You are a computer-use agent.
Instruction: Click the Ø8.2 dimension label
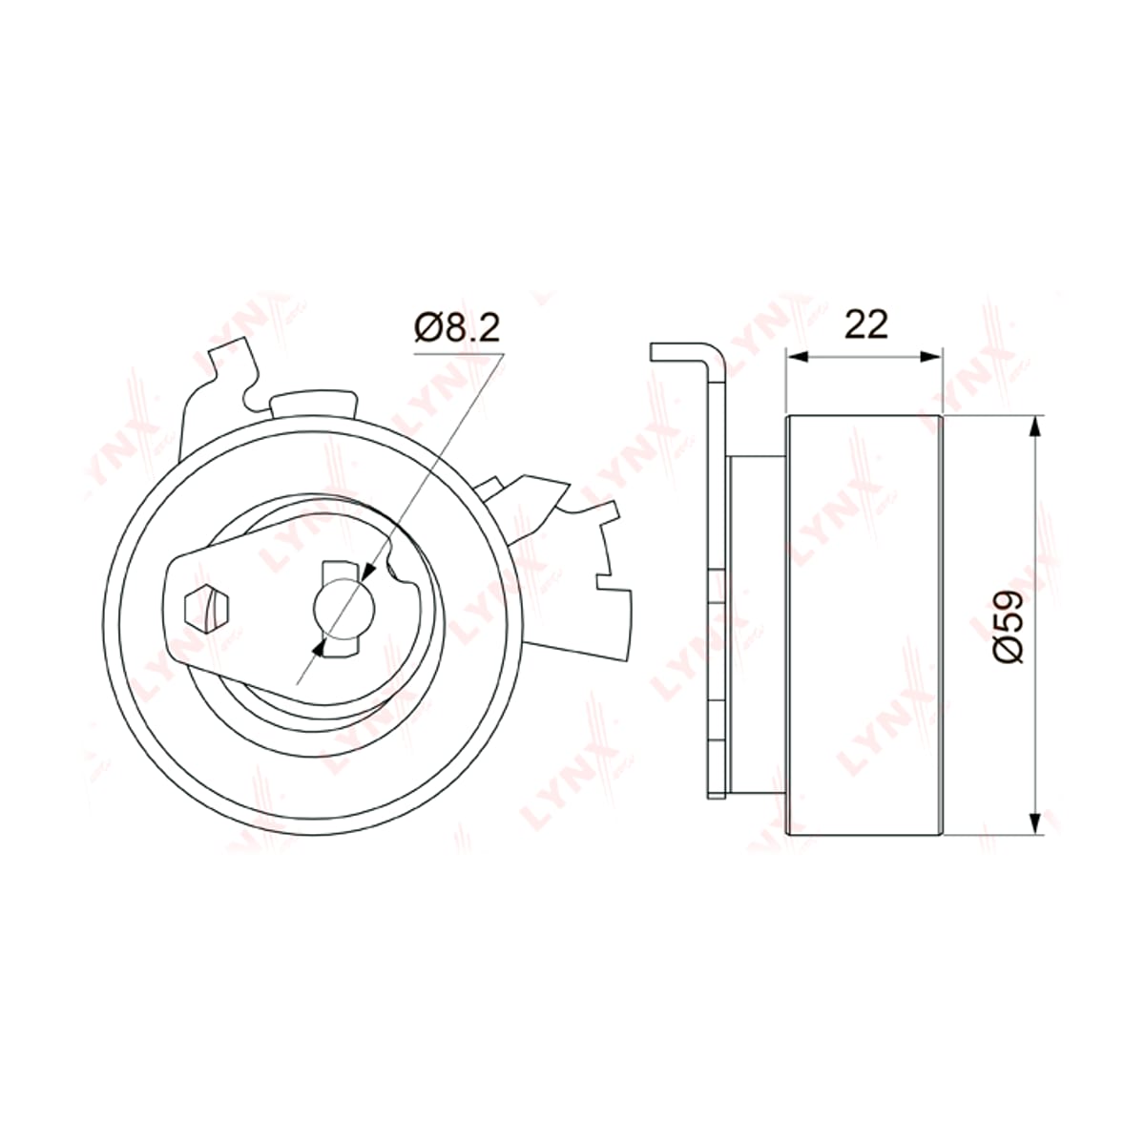coord(457,328)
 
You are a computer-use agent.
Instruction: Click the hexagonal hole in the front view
coord(206,609)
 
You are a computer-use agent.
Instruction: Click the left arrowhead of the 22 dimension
coord(798,357)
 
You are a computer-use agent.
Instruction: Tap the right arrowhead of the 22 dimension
coord(930,357)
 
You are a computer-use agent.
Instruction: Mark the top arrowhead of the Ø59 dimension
coord(1035,427)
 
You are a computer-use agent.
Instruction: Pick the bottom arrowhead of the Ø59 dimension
coord(1035,822)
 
